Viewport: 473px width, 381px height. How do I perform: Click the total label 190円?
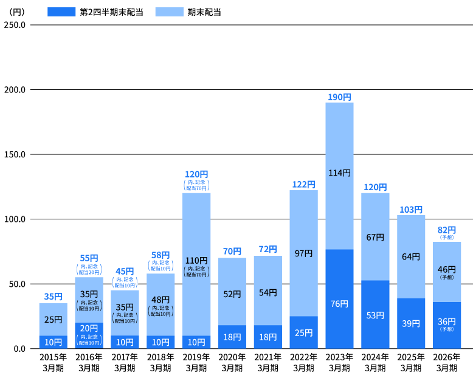pyautogui.click(x=339, y=97)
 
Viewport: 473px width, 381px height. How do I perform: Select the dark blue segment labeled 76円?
pyautogui.click(x=339, y=298)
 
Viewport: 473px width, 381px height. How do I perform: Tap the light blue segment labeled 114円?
pyautogui.click(x=339, y=176)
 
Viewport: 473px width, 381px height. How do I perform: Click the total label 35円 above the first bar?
pyautogui.click(x=53, y=297)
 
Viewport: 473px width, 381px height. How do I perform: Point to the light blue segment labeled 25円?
pyautogui.click(x=53, y=320)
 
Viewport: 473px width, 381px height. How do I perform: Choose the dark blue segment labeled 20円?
pyautogui.click(x=89, y=335)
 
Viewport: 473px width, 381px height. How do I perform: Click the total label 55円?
pyautogui.click(x=89, y=258)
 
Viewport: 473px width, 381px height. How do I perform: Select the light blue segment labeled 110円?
pyautogui.click(x=196, y=264)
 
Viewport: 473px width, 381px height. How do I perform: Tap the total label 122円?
pyautogui.click(x=303, y=185)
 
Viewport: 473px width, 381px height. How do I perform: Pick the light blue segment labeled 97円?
pyautogui.click(x=303, y=253)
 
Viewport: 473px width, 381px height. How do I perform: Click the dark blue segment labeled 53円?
pyautogui.click(x=375, y=314)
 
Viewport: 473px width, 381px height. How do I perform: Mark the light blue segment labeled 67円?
pyautogui.click(x=375, y=237)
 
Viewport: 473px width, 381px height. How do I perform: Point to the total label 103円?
pyautogui.click(x=411, y=210)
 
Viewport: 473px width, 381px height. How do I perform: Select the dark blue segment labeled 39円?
pyautogui.click(x=411, y=323)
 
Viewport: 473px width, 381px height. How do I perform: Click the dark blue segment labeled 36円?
pyautogui.click(x=447, y=325)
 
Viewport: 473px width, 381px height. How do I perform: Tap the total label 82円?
pyautogui.click(x=447, y=230)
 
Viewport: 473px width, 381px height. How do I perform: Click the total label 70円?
pyautogui.click(x=232, y=252)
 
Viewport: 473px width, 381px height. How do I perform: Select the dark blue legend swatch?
pyautogui.click(x=61, y=12)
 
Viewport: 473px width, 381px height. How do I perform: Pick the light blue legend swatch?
pyautogui.click(x=169, y=12)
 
